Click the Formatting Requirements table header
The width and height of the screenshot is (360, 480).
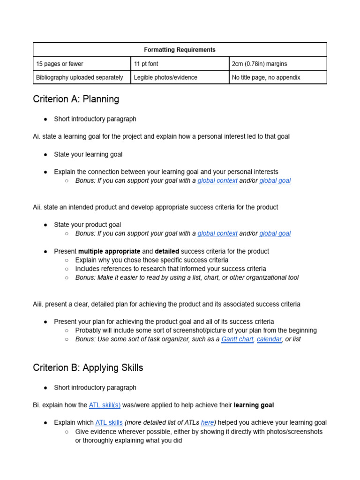(180, 50)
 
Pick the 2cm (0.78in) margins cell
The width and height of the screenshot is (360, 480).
(259, 64)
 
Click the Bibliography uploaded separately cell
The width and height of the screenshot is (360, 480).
(79, 77)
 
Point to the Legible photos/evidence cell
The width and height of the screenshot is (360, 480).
(165, 77)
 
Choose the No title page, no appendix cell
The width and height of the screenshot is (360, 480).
(266, 77)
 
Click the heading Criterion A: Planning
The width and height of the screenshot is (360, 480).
(76, 99)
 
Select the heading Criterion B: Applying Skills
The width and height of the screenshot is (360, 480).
(88, 367)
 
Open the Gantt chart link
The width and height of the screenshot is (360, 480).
(237, 339)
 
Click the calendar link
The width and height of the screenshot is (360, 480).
(269, 339)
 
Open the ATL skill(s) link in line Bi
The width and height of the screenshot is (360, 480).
(105, 405)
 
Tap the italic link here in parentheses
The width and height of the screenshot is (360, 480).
(207, 422)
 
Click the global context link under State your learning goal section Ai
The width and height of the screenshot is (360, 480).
(217, 180)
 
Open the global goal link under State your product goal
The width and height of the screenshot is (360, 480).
(275, 233)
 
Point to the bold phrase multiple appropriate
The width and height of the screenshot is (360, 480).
(109, 251)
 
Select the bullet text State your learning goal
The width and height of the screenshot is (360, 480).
(88, 154)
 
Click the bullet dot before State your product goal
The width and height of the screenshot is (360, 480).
(46, 225)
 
